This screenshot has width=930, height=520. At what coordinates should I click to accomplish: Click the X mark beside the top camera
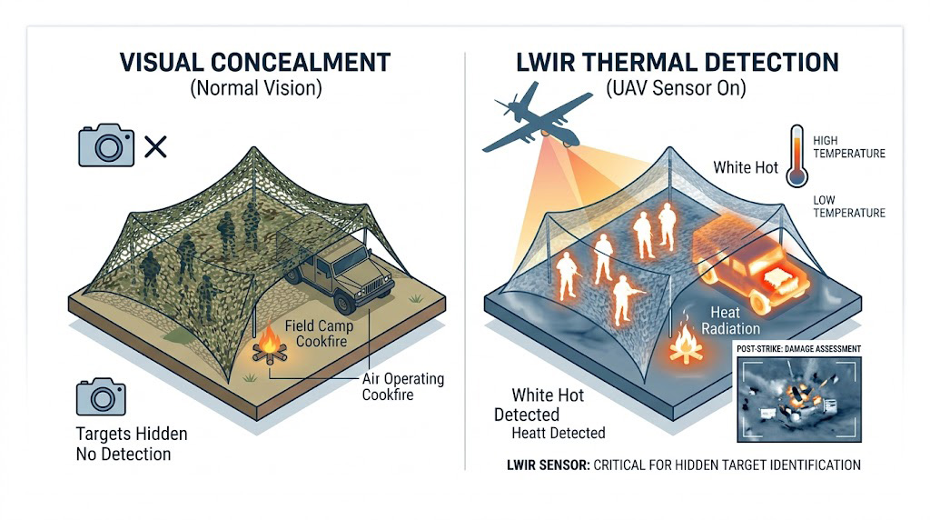tap(155, 145)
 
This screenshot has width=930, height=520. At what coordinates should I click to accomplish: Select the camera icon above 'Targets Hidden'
tap(101, 398)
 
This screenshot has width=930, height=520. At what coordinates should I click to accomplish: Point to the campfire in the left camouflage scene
tap(269, 345)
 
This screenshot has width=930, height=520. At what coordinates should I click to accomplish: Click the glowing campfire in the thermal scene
tap(683, 343)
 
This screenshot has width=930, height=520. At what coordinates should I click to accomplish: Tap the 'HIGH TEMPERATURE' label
tap(849, 147)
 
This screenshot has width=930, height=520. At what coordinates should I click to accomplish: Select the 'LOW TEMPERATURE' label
tap(849, 206)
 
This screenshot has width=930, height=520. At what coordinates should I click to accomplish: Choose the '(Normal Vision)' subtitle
tap(255, 89)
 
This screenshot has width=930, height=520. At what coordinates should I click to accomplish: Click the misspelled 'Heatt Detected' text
tap(558, 433)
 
